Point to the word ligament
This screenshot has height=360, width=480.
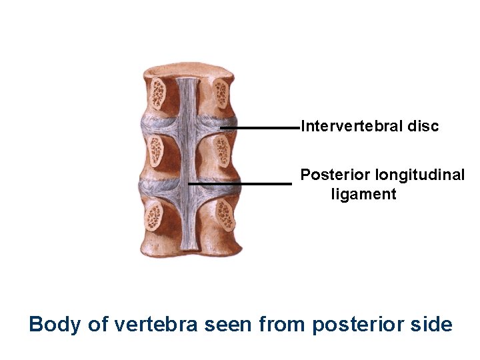click(x=363, y=195)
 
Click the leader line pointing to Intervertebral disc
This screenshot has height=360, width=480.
click(x=260, y=127)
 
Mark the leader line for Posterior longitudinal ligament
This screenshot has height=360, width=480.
click(x=240, y=183)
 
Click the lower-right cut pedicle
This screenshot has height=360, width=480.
click(x=225, y=215)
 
